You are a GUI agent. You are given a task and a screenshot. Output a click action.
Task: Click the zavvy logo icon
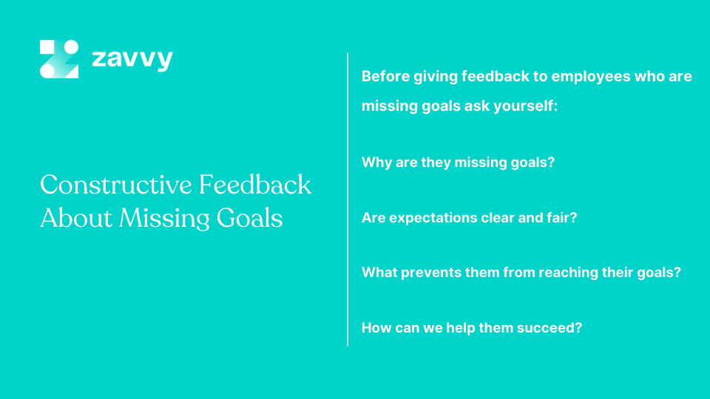click(59, 59)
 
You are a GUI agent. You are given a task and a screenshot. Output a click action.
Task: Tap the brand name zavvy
click(132, 59)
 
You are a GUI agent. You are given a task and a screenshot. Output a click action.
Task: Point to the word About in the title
click(76, 218)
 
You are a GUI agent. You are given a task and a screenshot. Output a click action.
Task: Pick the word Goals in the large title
click(250, 218)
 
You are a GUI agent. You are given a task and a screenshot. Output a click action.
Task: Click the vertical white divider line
click(348, 199)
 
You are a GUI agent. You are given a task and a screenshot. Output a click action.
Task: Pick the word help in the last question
click(460, 328)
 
